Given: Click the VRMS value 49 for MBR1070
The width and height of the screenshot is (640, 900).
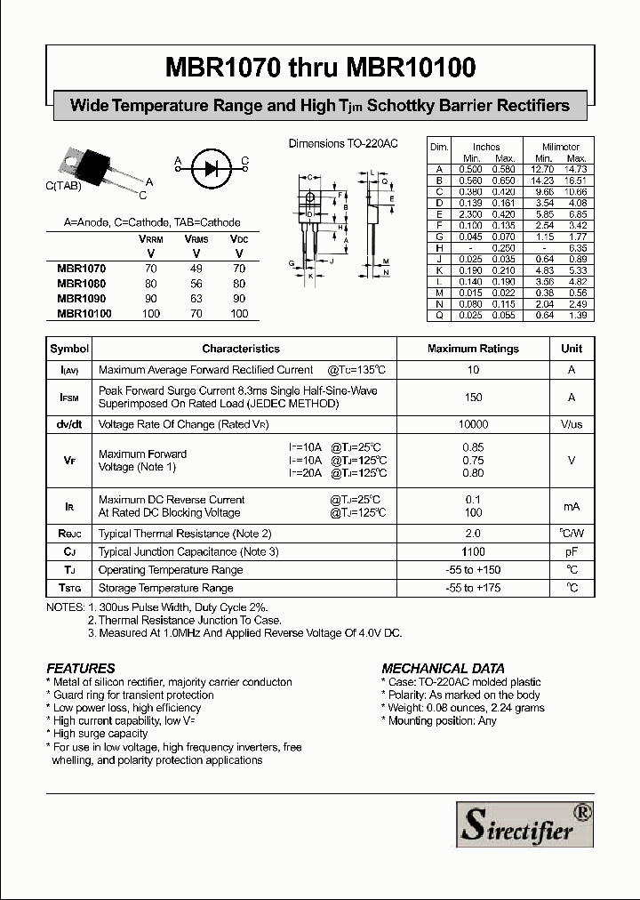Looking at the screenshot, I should (x=196, y=268).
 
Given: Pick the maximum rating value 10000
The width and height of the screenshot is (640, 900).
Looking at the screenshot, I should (x=473, y=425).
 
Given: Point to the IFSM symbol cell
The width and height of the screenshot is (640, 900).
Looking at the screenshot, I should (x=69, y=398).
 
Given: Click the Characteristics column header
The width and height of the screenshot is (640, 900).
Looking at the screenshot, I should (x=241, y=350).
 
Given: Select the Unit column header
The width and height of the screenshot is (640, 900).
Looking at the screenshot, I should (x=572, y=350).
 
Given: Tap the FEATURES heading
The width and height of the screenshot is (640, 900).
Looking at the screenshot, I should (x=81, y=668).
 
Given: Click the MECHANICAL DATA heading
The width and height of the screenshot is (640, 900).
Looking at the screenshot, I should (x=443, y=668).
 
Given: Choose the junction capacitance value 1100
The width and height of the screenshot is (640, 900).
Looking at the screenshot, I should (x=473, y=552).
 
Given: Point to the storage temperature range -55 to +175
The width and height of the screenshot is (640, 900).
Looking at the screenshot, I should (x=473, y=588).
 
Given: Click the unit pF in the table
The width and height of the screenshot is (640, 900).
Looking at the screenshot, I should (x=572, y=552).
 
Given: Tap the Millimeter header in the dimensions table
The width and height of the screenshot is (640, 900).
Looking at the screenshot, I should (x=560, y=147).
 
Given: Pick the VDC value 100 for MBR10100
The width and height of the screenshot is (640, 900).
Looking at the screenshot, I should (x=239, y=314).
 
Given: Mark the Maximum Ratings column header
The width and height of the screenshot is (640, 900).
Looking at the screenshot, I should (x=473, y=350).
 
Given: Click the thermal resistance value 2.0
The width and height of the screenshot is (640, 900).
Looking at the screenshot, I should (x=473, y=534).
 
